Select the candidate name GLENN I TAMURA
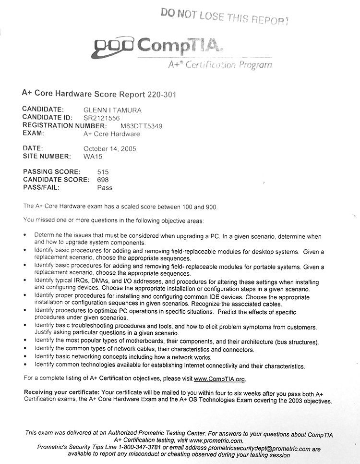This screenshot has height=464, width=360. tap(112, 110)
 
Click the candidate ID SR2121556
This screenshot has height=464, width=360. tap(101, 118)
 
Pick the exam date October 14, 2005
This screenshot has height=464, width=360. tap(109, 149)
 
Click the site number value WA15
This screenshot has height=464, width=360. tap(93, 156)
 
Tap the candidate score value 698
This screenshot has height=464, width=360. tap(103, 180)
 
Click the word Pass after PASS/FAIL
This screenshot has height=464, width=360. tap(105, 187)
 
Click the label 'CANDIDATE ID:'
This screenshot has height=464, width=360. tap(47, 118)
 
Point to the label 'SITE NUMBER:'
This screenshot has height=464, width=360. tap(47, 156)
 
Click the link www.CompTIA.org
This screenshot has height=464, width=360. tap(219, 379)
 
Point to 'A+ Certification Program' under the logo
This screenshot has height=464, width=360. tap(219, 64)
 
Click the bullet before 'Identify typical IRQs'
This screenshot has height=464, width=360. tap(25, 280)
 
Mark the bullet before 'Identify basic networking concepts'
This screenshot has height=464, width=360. tap(25, 357)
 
